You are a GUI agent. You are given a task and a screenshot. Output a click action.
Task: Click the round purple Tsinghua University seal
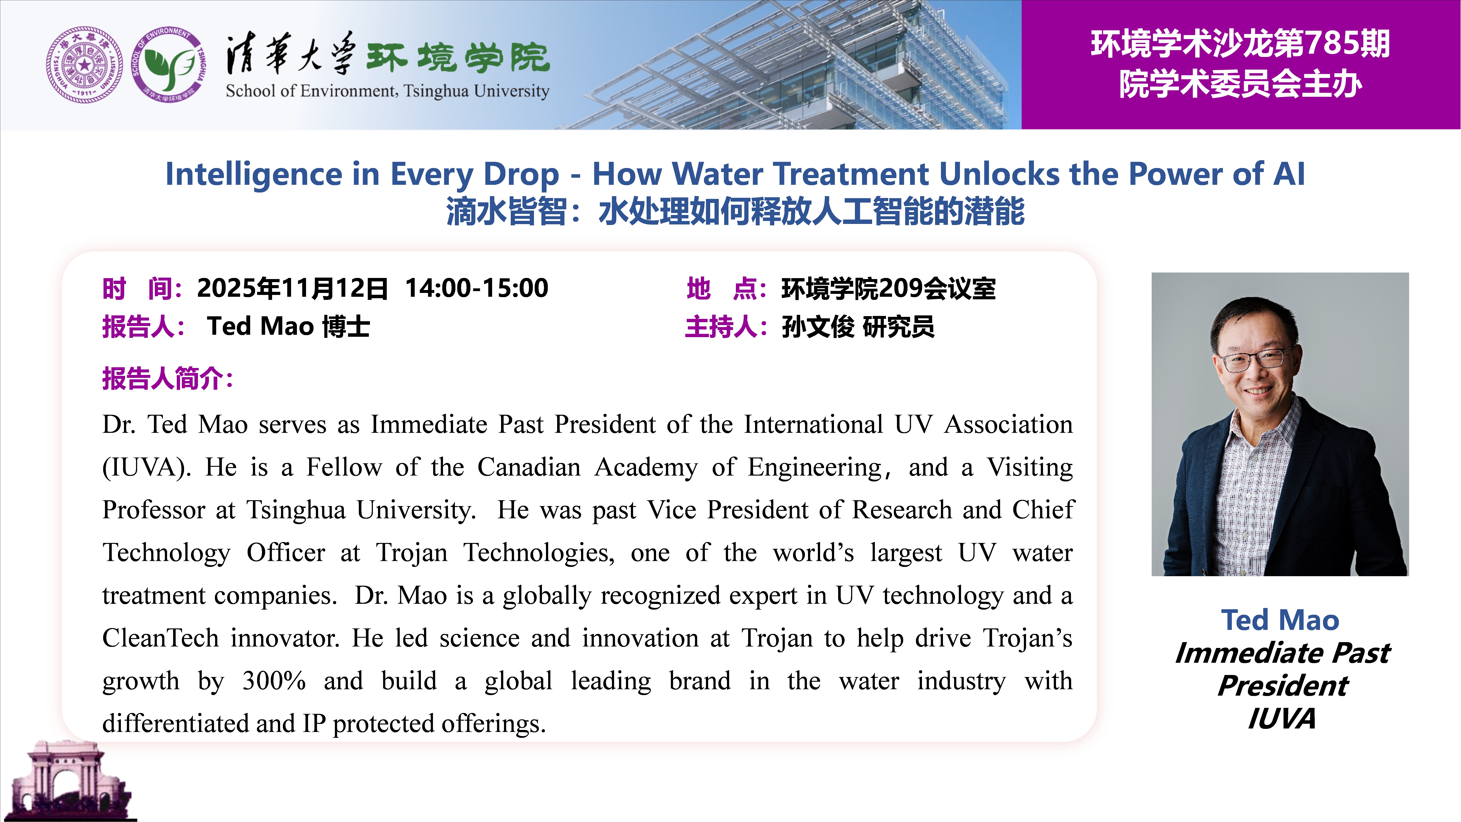click(85, 65)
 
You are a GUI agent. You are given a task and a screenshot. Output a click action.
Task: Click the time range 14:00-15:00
click(476, 288)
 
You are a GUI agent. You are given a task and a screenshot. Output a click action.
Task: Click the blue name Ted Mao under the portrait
click(1280, 619)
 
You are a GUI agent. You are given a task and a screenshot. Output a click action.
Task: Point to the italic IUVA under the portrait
click(1281, 719)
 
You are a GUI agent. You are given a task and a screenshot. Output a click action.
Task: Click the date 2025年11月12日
click(292, 288)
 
